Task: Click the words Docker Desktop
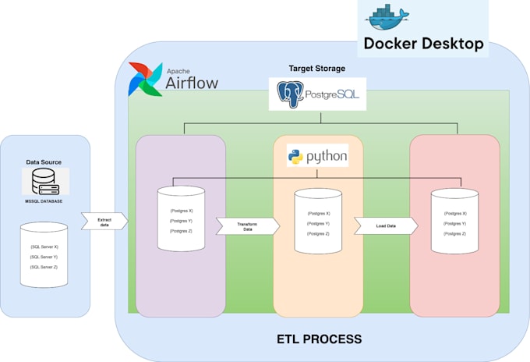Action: pos(423,44)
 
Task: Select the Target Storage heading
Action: pos(317,69)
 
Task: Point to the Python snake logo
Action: pos(296,157)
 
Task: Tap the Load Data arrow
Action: pos(385,226)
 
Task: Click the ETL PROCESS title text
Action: pos(319,339)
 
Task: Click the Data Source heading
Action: pos(45,161)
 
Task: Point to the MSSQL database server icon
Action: pos(45,183)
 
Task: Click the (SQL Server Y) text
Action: pos(44,256)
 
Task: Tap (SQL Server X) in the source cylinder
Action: pos(44,247)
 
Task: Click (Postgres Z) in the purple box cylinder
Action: pos(181,231)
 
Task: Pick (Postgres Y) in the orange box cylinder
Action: pos(318,223)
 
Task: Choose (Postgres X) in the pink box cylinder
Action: pos(455,213)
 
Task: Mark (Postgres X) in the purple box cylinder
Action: pos(181,211)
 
